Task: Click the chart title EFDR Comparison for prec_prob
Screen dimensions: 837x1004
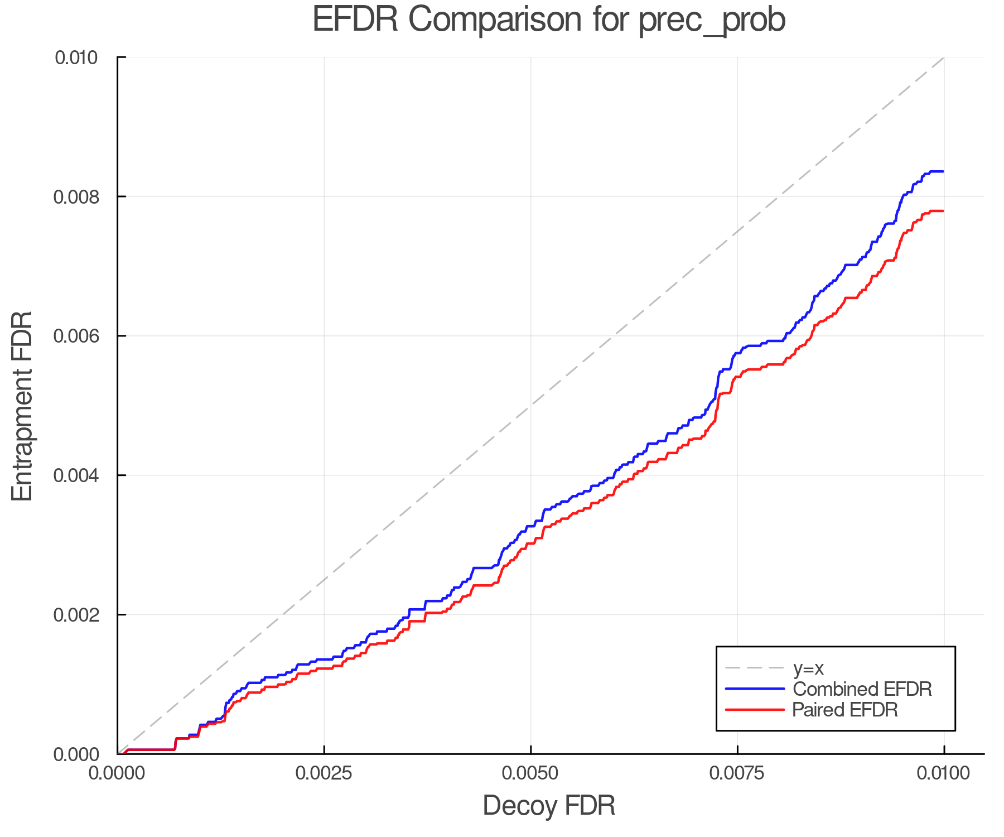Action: (549, 20)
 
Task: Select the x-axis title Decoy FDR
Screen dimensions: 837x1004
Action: (549, 806)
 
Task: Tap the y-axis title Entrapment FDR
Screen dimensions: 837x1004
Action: (22, 406)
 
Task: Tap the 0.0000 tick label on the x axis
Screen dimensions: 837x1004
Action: (117, 773)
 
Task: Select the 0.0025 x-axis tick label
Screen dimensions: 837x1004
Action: (324, 773)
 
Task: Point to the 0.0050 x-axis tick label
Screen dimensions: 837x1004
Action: (530, 773)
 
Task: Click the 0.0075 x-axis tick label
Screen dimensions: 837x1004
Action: (737, 773)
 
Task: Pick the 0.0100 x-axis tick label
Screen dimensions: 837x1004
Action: (944, 773)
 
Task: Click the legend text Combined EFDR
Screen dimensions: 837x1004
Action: (862, 689)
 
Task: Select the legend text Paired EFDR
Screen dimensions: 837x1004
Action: (845, 710)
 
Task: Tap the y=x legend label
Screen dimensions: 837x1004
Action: (808, 668)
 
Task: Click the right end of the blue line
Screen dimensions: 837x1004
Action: (943, 171)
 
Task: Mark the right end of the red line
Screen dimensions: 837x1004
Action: (943, 211)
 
